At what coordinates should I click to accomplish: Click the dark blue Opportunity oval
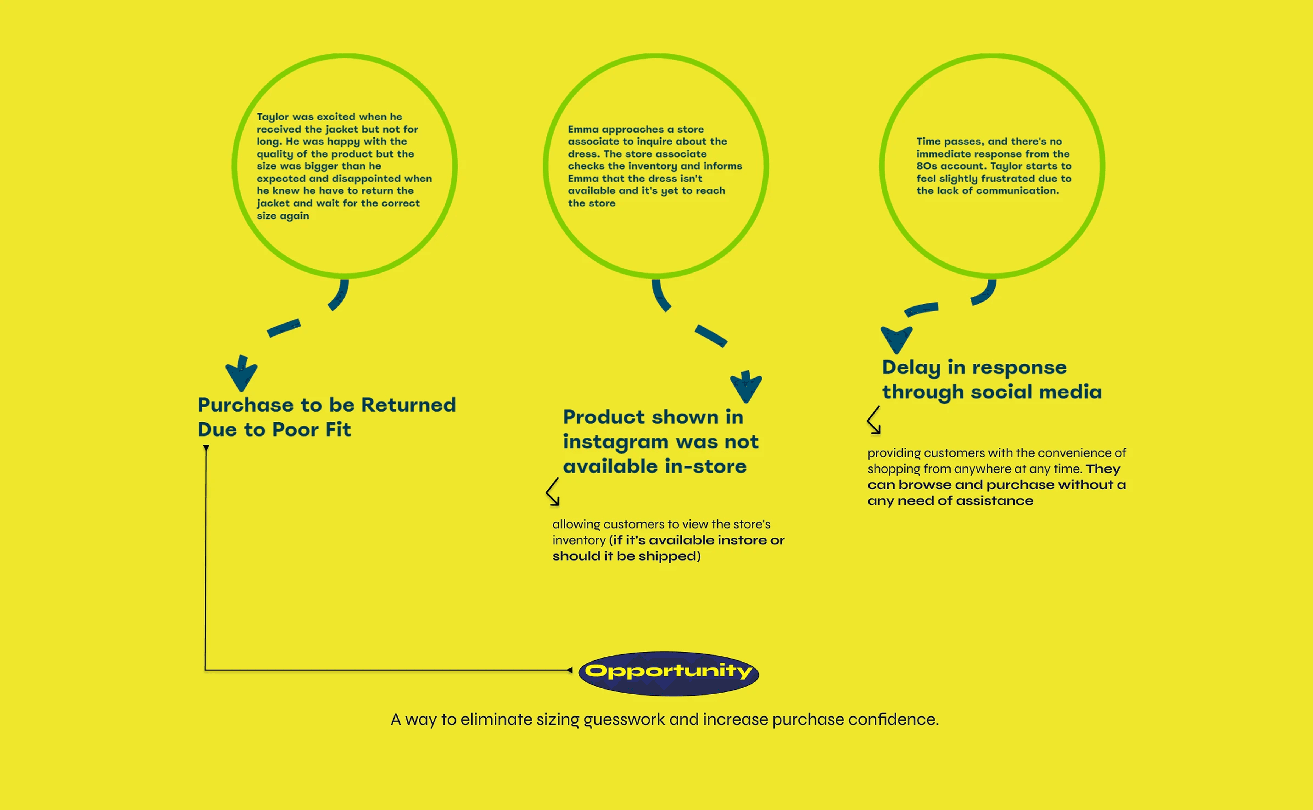tap(668, 673)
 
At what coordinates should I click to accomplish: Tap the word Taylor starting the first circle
tap(272, 117)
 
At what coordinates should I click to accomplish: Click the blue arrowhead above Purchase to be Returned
tap(241, 373)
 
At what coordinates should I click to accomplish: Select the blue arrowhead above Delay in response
tap(896, 339)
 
